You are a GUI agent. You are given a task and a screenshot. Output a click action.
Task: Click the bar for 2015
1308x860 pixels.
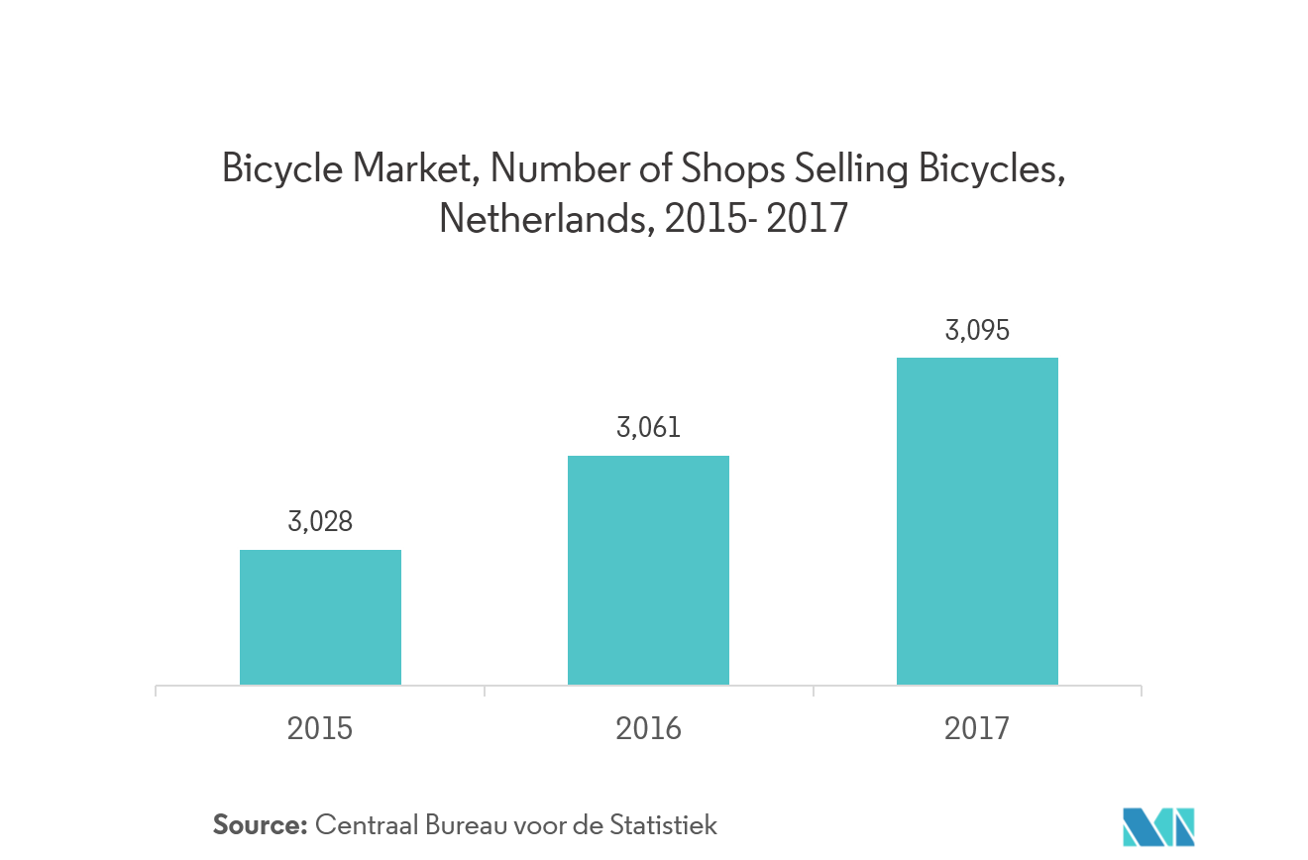[x=320, y=615]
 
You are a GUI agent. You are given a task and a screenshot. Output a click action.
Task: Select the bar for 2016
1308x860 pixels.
[x=648, y=569]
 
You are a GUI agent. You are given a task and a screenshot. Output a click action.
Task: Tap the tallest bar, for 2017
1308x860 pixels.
[x=977, y=520]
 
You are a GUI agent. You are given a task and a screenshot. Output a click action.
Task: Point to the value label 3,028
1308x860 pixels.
[x=320, y=522]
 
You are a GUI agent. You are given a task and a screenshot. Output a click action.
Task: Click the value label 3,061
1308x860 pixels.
[x=648, y=428]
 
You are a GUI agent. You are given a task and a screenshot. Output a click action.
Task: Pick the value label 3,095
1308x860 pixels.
[x=977, y=330]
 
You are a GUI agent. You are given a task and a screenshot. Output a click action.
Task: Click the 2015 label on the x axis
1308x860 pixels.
[x=320, y=729]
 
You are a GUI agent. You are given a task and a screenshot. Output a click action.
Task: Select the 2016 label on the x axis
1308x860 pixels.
[x=648, y=729]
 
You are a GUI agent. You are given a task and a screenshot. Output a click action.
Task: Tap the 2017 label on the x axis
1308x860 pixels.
[x=977, y=729]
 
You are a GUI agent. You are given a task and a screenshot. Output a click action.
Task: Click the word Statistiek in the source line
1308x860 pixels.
[x=664, y=824]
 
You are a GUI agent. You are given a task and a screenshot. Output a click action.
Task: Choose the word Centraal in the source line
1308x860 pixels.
[x=362, y=824]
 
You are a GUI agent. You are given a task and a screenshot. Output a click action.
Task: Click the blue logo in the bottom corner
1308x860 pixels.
[x=1158, y=826]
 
